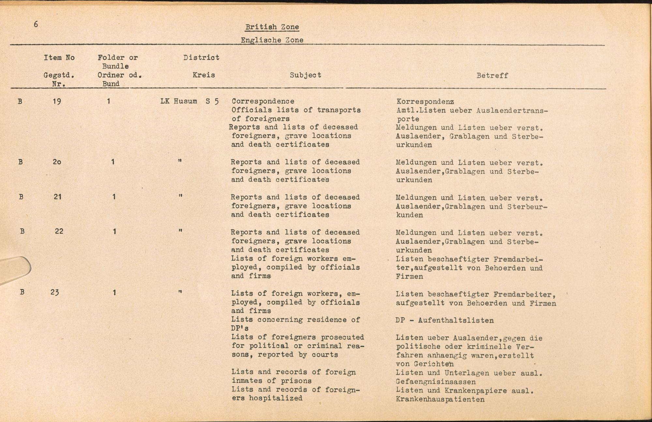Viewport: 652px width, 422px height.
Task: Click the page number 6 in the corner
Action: tap(36, 24)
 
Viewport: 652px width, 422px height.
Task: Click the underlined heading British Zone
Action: tap(272, 27)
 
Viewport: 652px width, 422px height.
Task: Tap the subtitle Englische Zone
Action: tap(272, 40)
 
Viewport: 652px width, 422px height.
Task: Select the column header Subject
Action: tap(305, 75)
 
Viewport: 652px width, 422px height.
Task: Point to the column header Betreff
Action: tap(492, 76)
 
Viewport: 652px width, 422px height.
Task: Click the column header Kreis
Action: tap(203, 75)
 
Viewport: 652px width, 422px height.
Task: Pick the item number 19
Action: tap(57, 101)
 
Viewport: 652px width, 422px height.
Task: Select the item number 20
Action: tap(57, 162)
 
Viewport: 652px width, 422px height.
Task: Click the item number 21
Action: tap(57, 196)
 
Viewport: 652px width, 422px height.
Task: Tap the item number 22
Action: tap(59, 231)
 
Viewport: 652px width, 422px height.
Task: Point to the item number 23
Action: tap(55, 292)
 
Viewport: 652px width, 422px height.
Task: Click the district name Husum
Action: tap(185, 101)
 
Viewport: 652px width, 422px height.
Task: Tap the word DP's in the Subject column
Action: tap(240, 328)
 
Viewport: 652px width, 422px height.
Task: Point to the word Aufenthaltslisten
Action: tap(456, 320)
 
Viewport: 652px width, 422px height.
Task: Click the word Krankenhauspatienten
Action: tap(440, 399)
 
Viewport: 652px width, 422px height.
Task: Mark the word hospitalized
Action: tap(276, 398)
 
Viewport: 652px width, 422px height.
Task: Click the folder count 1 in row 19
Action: tap(109, 101)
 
